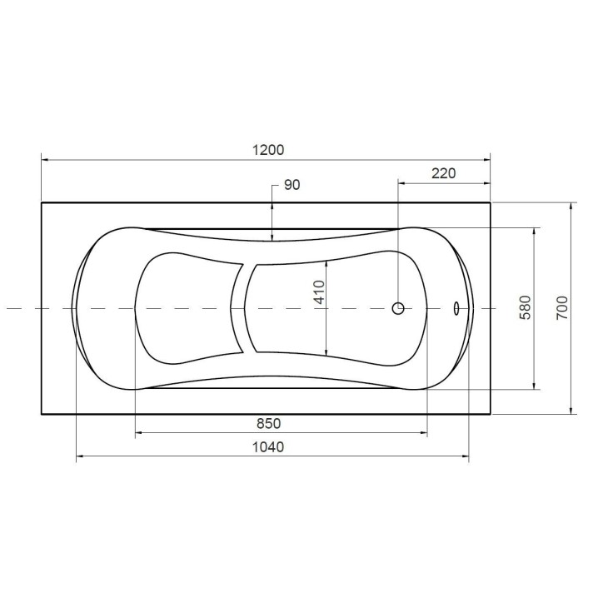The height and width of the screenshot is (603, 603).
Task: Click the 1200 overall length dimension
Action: (x=268, y=150)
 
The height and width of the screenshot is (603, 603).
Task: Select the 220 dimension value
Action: (x=443, y=173)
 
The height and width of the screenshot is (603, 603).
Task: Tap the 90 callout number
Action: (x=292, y=185)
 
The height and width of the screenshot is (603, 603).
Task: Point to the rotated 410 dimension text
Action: (x=320, y=292)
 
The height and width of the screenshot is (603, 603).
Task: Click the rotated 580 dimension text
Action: (x=525, y=307)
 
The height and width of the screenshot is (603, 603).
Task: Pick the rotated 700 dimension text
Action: (x=562, y=307)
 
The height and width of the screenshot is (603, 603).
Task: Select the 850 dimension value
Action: (x=268, y=423)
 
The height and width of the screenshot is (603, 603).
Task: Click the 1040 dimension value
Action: (x=268, y=447)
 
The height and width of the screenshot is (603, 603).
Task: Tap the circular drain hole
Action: (x=398, y=308)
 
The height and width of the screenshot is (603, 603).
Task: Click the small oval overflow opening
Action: (x=456, y=307)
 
